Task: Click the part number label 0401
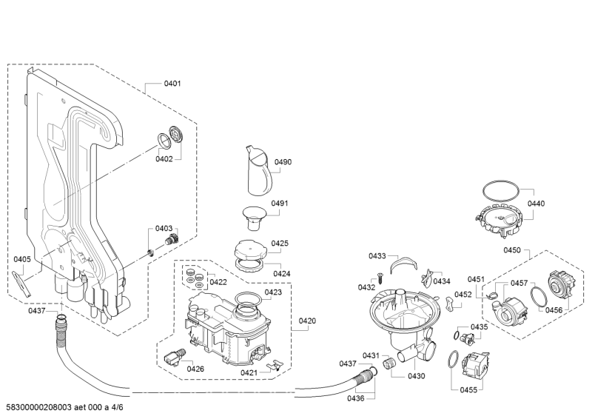click(172, 83)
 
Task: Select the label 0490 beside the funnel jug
click(283, 161)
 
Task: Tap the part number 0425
click(280, 243)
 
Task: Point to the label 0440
click(536, 204)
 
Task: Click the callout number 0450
click(512, 249)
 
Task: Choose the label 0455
click(468, 390)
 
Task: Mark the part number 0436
click(356, 398)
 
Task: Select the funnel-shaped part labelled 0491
click(254, 217)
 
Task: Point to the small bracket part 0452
click(449, 304)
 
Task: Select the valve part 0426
click(175, 357)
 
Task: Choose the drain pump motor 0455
click(476, 366)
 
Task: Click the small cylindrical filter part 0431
click(388, 366)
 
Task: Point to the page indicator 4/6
click(117, 407)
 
